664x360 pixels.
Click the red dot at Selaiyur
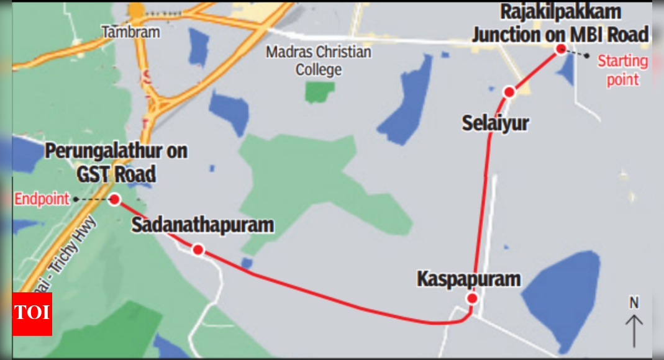pos(509,92)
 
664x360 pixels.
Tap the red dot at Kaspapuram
pos(472,299)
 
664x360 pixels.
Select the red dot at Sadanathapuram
pos(198,250)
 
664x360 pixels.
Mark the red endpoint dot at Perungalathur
pos(114,199)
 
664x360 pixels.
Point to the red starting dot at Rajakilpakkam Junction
pos(560,49)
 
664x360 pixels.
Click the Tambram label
pos(130,32)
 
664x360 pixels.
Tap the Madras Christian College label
pos(319,60)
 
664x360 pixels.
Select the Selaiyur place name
pos(495,123)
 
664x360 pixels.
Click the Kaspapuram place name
pos(468,279)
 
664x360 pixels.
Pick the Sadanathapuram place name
pos(202,225)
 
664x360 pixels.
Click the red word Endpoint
pos(42,199)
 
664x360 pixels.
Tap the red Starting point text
pos(622,70)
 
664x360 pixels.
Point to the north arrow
pos(634,331)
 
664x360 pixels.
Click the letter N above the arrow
pos(634,303)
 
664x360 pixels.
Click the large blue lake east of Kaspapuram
pos(562,291)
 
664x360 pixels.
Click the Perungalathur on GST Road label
pos(116,163)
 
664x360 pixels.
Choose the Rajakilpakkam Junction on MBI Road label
pos(560,24)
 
